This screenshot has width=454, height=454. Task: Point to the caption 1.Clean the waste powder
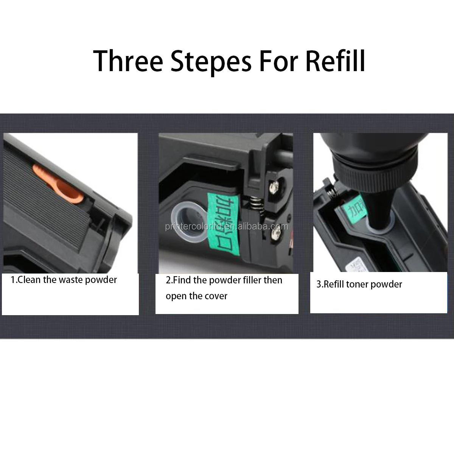64,280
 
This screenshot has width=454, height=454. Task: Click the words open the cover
196,296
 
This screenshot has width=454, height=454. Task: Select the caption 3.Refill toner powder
359,284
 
